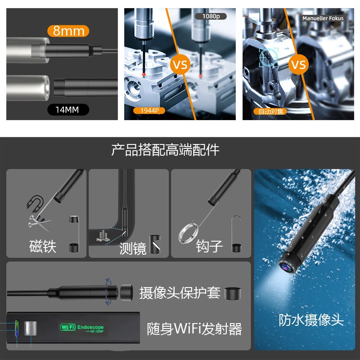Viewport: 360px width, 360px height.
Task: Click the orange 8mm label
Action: coord(68,31)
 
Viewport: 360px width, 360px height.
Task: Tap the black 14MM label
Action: coord(68,109)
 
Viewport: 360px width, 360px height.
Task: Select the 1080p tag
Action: coord(208,16)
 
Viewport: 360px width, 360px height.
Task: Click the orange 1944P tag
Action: coord(148,110)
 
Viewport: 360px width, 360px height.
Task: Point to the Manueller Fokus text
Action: coord(323,18)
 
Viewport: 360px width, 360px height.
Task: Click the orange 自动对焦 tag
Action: coord(269,111)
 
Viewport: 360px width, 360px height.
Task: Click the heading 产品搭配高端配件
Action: coord(165,150)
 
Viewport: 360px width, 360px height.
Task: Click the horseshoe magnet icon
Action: coord(34,202)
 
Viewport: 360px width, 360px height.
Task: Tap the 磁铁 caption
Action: coord(43,246)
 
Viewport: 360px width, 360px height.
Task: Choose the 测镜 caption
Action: coord(133,248)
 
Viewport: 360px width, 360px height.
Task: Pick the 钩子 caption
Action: coord(209,246)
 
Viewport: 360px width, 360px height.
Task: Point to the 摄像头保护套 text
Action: coord(180,292)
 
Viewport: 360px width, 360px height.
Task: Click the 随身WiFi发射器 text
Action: coord(194,328)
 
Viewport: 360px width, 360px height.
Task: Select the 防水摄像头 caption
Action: coord(311,320)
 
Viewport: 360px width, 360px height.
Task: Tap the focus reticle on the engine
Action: coord(269,58)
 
